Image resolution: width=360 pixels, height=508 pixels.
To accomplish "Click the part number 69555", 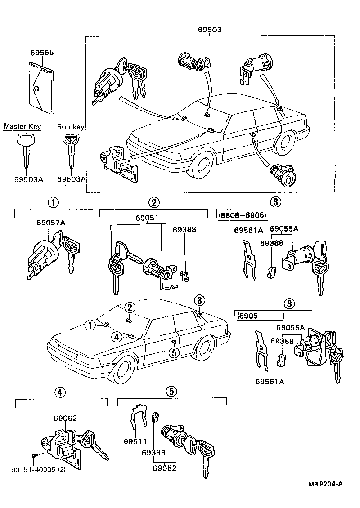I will (42, 53).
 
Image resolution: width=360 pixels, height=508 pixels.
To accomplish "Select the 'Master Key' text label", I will (22, 127).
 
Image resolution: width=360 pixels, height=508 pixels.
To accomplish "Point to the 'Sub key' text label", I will (70, 127).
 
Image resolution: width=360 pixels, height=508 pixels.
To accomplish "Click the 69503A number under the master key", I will (28, 179).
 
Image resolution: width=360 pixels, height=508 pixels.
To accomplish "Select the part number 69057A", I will (51, 223).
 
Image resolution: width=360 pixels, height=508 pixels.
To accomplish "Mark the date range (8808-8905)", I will (242, 215).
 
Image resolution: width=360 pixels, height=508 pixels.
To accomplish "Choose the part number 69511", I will (134, 441).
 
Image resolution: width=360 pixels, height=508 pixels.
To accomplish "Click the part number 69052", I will (164, 468).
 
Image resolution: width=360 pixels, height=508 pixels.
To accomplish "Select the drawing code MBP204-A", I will (325, 484).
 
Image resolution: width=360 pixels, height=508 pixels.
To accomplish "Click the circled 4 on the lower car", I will (116, 336).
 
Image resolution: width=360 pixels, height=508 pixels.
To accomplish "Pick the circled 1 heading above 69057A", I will (54, 202).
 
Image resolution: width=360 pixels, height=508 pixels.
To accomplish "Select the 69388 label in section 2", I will (184, 229).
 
